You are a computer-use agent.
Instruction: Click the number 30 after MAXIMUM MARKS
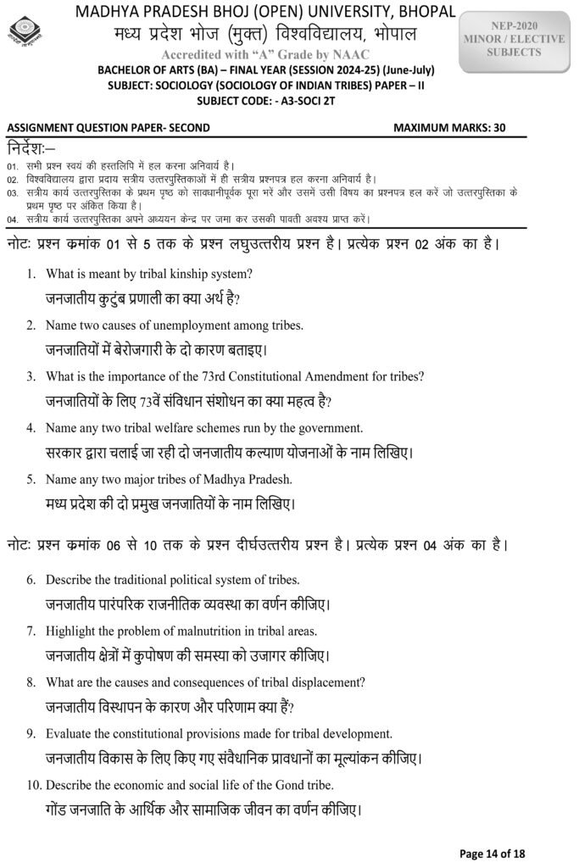pos(498,128)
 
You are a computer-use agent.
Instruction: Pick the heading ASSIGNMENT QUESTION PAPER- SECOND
pos(108,128)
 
